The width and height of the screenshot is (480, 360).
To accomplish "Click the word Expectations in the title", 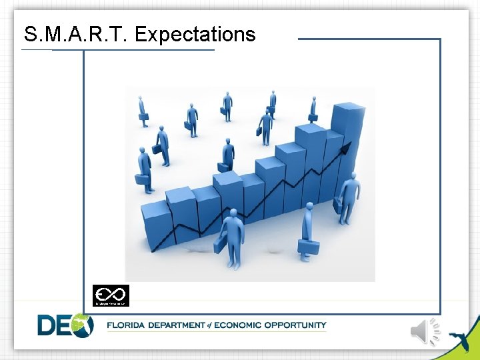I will point(195,35).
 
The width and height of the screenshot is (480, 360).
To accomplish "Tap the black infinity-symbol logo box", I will point(111,295).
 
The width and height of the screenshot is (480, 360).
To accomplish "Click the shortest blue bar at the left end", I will point(155,223).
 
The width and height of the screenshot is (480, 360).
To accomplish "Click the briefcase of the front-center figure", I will point(220,244).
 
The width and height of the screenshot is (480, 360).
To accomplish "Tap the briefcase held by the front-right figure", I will point(308,247).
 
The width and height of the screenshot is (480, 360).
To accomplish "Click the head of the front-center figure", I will point(233,213).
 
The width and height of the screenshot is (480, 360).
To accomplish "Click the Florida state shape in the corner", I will point(458,333).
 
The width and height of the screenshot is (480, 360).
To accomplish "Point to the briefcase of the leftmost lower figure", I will point(141,179).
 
